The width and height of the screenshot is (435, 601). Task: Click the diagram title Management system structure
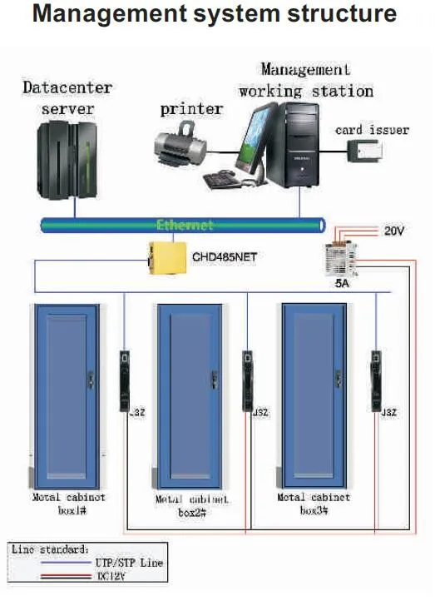click(217, 14)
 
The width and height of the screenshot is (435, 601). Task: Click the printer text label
click(191, 109)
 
